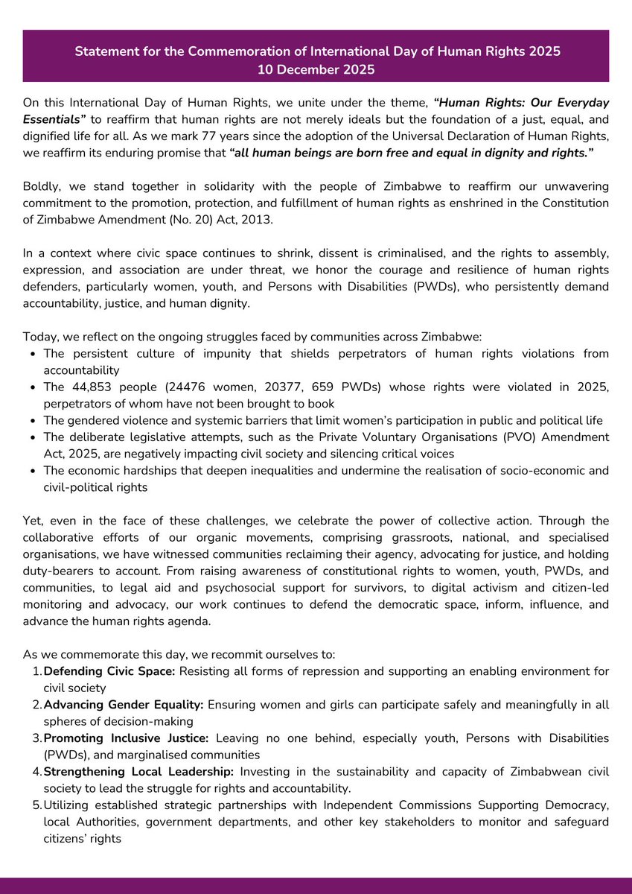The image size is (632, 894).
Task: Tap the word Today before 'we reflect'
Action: tap(39, 336)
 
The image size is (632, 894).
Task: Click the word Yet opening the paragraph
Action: tap(33, 521)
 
